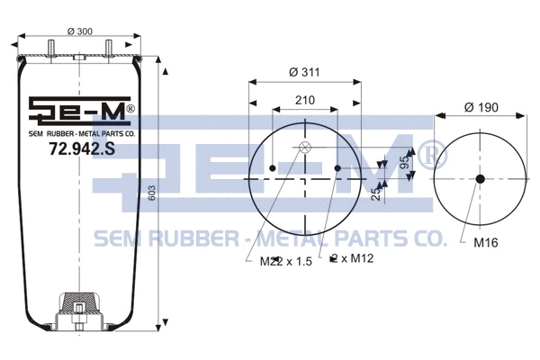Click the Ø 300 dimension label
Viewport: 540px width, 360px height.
pos(80,31)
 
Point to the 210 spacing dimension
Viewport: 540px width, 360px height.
pos(304,101)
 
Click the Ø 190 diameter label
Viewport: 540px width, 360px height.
pos(481,108)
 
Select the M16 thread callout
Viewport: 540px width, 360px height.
pos(486,241)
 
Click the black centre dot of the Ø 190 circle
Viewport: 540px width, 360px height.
pos(480,178)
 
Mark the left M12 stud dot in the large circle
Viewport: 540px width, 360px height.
pos(273,167)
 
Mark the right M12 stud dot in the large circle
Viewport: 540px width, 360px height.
pos(337,167)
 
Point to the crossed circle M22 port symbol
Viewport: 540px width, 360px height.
pos(304,148)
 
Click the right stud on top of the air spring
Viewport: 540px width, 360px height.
pos(109,46)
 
